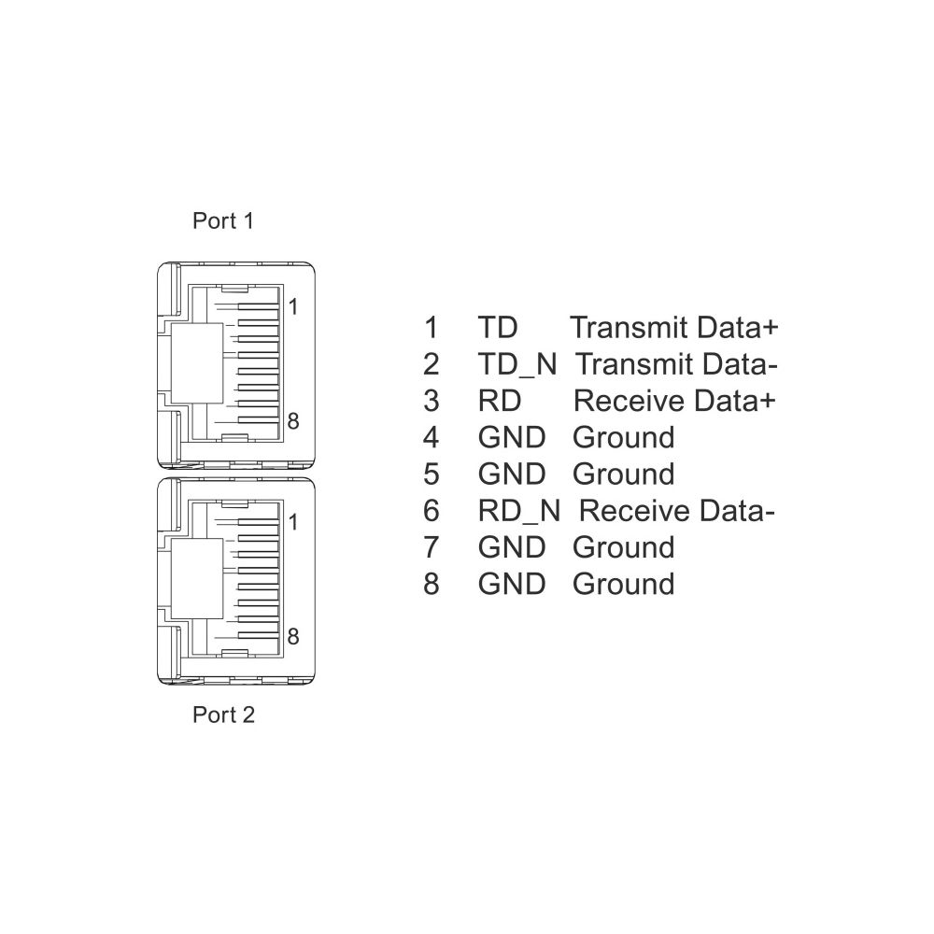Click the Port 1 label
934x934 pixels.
click(223, 221)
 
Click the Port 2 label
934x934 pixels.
click(223, 715)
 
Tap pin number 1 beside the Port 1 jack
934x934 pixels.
click(292, 306)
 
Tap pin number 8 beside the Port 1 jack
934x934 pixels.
click(292, 421)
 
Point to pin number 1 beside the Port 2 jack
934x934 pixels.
click(292, 522)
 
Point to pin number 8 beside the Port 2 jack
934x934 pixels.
click(292, 636)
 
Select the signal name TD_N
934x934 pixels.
click(517, 364)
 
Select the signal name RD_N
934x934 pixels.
click(518, 511)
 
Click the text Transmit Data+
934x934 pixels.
click(674, 328)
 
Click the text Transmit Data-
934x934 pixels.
click(676, 364)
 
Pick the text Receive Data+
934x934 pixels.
click(674, 401)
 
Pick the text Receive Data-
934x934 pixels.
click(676, 511)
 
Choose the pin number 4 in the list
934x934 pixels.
click(432, 438)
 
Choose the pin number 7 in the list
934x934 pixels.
click(432, 547)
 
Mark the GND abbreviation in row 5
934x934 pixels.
click(512, 474)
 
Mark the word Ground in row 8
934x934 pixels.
click(624, 585)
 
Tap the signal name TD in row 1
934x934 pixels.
click(498, 328)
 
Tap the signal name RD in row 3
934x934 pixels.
click(499, 401)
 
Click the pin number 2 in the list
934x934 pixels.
click(432, 364)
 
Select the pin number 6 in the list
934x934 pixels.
click(432, 511)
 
